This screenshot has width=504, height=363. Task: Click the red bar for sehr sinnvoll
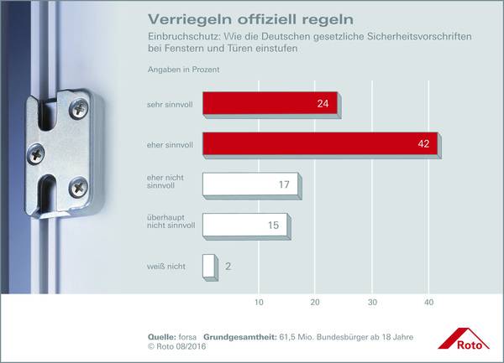pyautogui.click(x=270, y=104)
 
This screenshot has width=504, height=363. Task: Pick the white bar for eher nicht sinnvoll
pyautogui.click(x=250, y=185)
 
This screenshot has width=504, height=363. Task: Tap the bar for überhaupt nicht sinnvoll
pyautogui.click(x=245, y=226)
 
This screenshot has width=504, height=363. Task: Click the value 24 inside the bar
pyautogui.click(x=323, y=105)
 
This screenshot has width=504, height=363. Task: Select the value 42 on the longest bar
pyautogui.click(x=423, y=144)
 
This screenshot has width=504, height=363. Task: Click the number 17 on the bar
pyautogui.click(x=285, y=185)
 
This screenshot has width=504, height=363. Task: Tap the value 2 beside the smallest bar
pyautogui.click(x=228, y=267)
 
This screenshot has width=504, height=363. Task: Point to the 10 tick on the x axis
pyautogui.click(x=259, y=302)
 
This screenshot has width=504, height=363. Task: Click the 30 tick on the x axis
pyautogui.click(x=372, y=302)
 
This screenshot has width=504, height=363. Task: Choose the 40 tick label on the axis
pyautogui.click(x=428, y=302)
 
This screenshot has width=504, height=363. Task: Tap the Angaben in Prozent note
pyautogui.click(x=183, y=70)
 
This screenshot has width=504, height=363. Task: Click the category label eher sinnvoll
pyautogui.click(x=171, y=145)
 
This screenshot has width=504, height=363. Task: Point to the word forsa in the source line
pyautogui.click(x=186, y=335)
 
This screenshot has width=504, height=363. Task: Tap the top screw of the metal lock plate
pyautogui.click(x=78, y=106)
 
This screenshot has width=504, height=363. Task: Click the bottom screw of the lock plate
pyautogui.click(x=78, y=188)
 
